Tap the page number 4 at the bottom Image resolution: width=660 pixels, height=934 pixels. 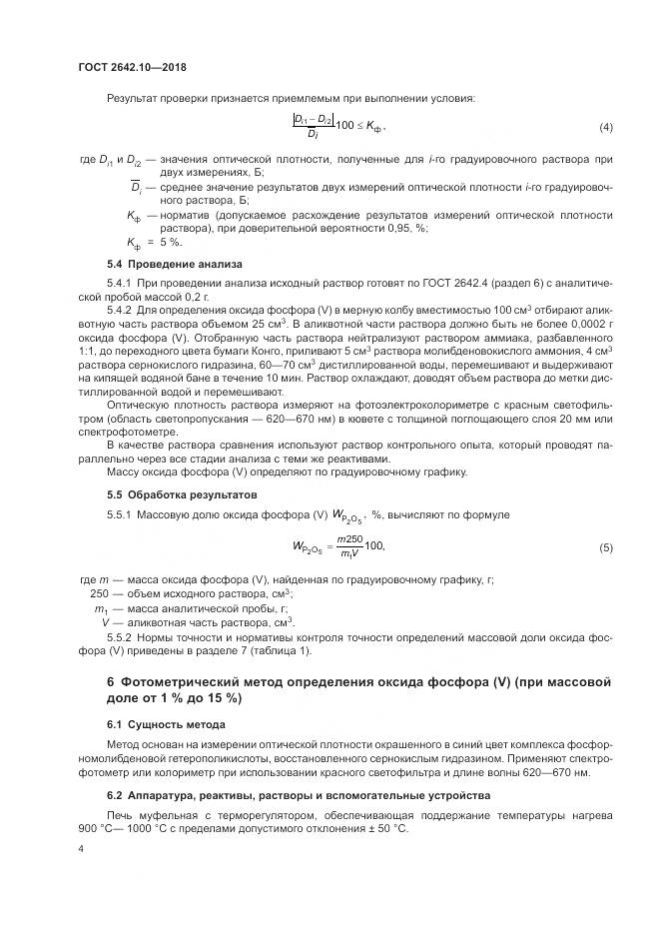(x=80, y=847)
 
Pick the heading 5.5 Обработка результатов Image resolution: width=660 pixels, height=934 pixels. (x=183, y=494)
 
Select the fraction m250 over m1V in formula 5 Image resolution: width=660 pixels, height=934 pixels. (x=349, y=547)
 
